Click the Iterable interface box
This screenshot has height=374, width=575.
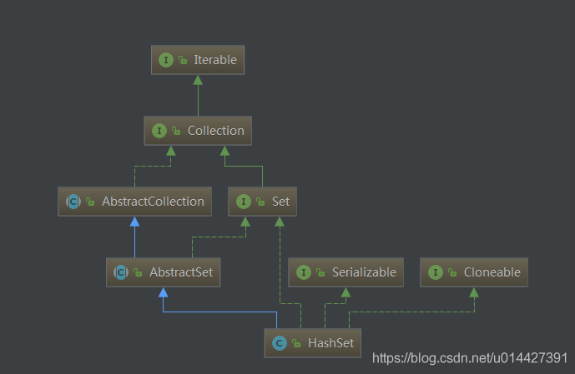[198, 60]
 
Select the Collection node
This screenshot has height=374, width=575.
[198, 131]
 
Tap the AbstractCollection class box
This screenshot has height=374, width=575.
[134, 202]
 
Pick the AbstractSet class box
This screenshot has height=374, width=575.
[164, 272]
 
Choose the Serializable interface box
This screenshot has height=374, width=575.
[346, 272]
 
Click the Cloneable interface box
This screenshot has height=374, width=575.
[474, 272]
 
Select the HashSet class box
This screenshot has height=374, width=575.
[312, 343]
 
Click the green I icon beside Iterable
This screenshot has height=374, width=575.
[166, 60]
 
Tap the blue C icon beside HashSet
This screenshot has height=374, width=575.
[280, 343]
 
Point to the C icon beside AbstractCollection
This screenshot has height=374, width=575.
[73, 202]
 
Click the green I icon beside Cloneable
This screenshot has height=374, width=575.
[436, 272]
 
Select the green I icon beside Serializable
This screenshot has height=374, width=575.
[303, 272]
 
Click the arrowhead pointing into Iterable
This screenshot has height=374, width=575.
[198, 80]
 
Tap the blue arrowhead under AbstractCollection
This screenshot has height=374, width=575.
[134, 222]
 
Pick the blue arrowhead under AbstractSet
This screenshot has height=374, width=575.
[164, 292]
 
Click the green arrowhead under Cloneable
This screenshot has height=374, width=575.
[474, 292]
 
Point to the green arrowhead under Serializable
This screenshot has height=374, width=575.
[346, 292]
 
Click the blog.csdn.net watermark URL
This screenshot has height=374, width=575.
[470, 357]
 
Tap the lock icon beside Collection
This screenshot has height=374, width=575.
[176, 131]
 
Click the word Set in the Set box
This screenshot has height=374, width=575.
[280, 202]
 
